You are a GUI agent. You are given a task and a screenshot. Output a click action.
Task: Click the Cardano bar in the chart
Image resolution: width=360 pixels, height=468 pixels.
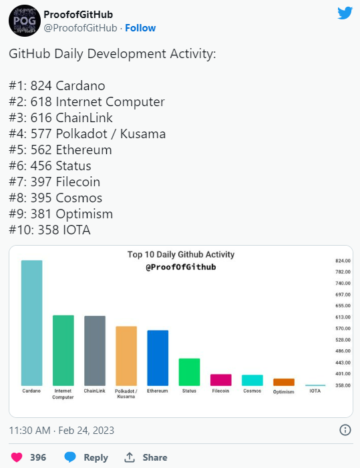31,323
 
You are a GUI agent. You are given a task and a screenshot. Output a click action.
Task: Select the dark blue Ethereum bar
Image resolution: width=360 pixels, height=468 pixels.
158,358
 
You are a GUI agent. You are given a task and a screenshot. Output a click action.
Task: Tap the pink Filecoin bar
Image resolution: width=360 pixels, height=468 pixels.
221,380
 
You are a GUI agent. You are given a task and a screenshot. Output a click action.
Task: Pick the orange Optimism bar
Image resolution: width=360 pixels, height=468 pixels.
284,382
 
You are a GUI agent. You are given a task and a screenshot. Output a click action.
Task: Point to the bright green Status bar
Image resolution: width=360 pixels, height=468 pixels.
189,372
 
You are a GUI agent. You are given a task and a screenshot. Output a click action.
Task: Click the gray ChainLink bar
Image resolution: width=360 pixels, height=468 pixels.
95,350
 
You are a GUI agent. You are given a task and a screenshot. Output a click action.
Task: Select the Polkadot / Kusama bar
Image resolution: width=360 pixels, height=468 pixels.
126,356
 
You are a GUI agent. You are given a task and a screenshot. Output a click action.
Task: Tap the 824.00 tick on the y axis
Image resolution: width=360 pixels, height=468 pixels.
343,261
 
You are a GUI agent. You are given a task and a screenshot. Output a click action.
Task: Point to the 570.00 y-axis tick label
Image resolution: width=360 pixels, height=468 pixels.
343,328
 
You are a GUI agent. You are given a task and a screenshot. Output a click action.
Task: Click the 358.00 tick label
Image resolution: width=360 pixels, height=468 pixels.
343,385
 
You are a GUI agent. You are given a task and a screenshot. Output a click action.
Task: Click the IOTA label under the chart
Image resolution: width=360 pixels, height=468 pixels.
315,391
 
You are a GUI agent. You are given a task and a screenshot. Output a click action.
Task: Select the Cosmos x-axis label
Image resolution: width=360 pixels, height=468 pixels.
252,391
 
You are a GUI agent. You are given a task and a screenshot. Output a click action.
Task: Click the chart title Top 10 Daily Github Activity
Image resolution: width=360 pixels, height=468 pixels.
181,254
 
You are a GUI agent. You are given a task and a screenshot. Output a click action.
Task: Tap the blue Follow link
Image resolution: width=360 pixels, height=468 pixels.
140,28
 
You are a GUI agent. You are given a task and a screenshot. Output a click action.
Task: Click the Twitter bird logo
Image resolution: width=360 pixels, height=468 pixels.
345,13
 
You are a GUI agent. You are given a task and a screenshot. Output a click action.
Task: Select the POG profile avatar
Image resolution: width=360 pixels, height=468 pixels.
25,21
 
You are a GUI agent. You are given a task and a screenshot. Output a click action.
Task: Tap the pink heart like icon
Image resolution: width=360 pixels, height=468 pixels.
17,457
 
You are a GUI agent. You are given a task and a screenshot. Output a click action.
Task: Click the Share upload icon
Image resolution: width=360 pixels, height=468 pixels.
130,457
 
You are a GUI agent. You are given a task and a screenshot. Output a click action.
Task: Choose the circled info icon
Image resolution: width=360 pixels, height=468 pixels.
345,430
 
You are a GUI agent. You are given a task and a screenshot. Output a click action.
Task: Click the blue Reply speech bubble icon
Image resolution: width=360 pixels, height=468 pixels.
70,457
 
